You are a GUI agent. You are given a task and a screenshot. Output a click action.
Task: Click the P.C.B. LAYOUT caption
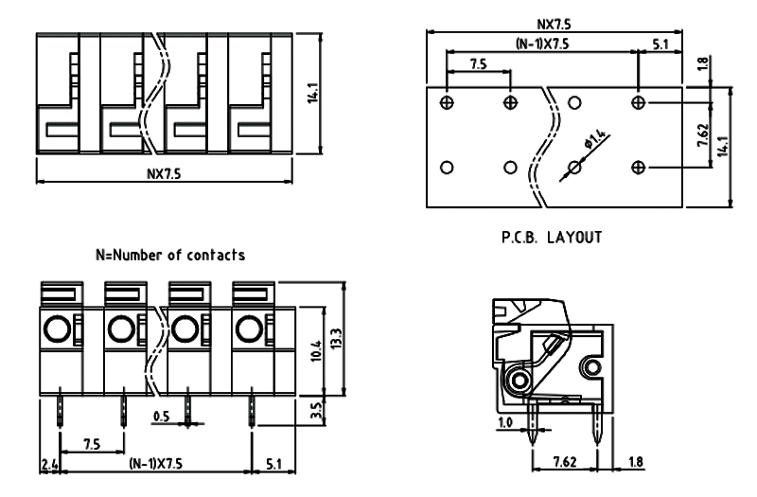tap(553, 237)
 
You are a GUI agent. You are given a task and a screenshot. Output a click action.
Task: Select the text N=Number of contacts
tap(170, 255)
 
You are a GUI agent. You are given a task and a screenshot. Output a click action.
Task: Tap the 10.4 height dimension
tap(316, 352)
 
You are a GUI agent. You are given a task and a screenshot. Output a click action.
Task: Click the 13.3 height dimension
tap(338, 339)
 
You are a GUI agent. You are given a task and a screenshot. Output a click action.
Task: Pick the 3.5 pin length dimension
tap(316, 413)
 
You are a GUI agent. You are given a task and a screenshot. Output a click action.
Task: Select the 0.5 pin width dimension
tap(162, 415)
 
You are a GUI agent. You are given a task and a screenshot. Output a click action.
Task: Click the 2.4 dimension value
tap(48, 465)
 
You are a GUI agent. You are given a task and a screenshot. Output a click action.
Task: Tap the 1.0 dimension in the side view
tap(504, 423)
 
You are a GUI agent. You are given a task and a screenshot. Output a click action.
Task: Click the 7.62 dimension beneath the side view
tap(564, 464)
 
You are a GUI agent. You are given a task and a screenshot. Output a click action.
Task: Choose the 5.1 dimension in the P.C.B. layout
tap(662, 44)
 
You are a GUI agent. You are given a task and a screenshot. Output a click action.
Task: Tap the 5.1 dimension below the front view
tap(273, 465)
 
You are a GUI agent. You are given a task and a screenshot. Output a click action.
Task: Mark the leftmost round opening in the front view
tap(56, 329)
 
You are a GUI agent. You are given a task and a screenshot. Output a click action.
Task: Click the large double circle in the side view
tap(519, 381)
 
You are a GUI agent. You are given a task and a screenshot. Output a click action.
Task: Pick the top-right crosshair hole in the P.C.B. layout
tap(639, 101)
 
